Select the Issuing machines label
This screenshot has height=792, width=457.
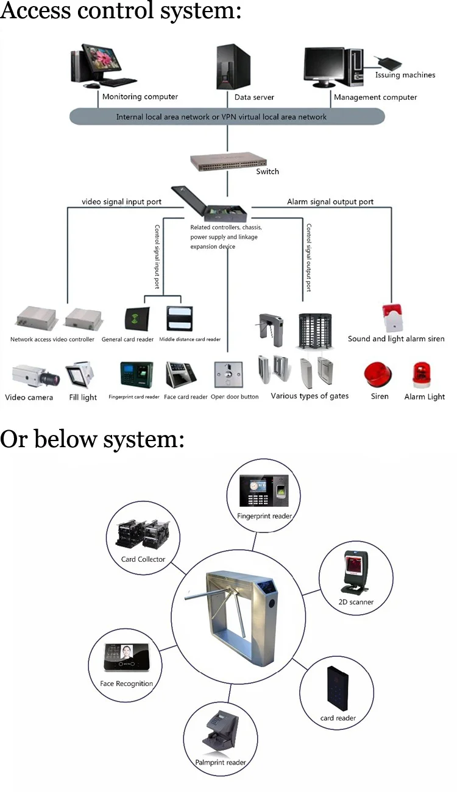tap(405, 75)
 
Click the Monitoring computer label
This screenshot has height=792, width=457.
tap(140, 96)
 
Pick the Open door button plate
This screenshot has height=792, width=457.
tap(227, 374)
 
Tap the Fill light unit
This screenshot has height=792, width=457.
tap(80, 375)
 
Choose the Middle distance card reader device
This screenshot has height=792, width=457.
tap(179, 318)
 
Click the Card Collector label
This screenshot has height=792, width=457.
tap(143, 559)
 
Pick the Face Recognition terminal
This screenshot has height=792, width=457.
tap(127, 659)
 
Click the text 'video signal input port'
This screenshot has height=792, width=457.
tap(122, 202)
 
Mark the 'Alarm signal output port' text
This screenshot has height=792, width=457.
tap(330, 202)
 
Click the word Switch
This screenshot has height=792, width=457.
tap(267, 172)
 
